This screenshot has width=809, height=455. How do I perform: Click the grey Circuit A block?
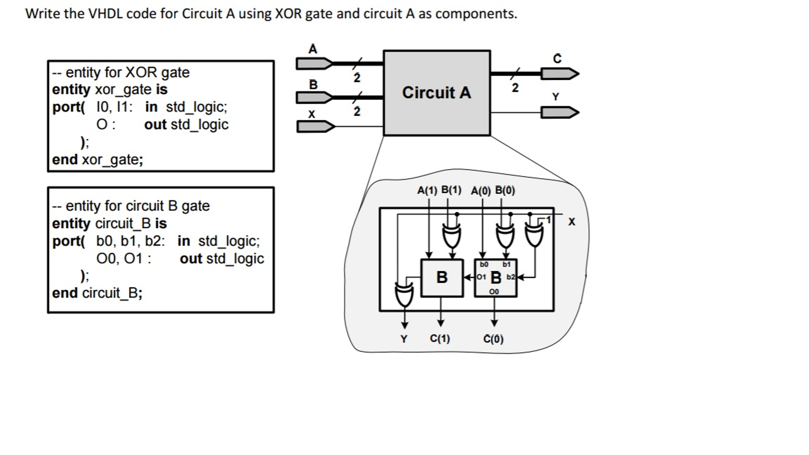point(437,93)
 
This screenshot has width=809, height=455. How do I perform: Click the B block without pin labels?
point(442,278)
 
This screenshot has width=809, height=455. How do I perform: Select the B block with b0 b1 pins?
point(495,278)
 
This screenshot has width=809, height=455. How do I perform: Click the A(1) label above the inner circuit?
point(427,191)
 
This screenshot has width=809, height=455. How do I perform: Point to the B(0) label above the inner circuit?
point(505,191)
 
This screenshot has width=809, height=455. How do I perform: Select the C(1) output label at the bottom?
point(440,339)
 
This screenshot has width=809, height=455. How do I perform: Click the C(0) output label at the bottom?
point(493,339)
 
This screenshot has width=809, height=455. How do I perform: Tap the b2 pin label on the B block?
point(510,277)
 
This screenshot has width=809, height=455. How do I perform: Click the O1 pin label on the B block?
point(481,277)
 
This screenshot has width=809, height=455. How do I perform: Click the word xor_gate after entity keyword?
point(123,90)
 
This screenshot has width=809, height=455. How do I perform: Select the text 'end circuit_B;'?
point(97,293)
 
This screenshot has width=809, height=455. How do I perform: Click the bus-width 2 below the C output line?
point(515,88)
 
